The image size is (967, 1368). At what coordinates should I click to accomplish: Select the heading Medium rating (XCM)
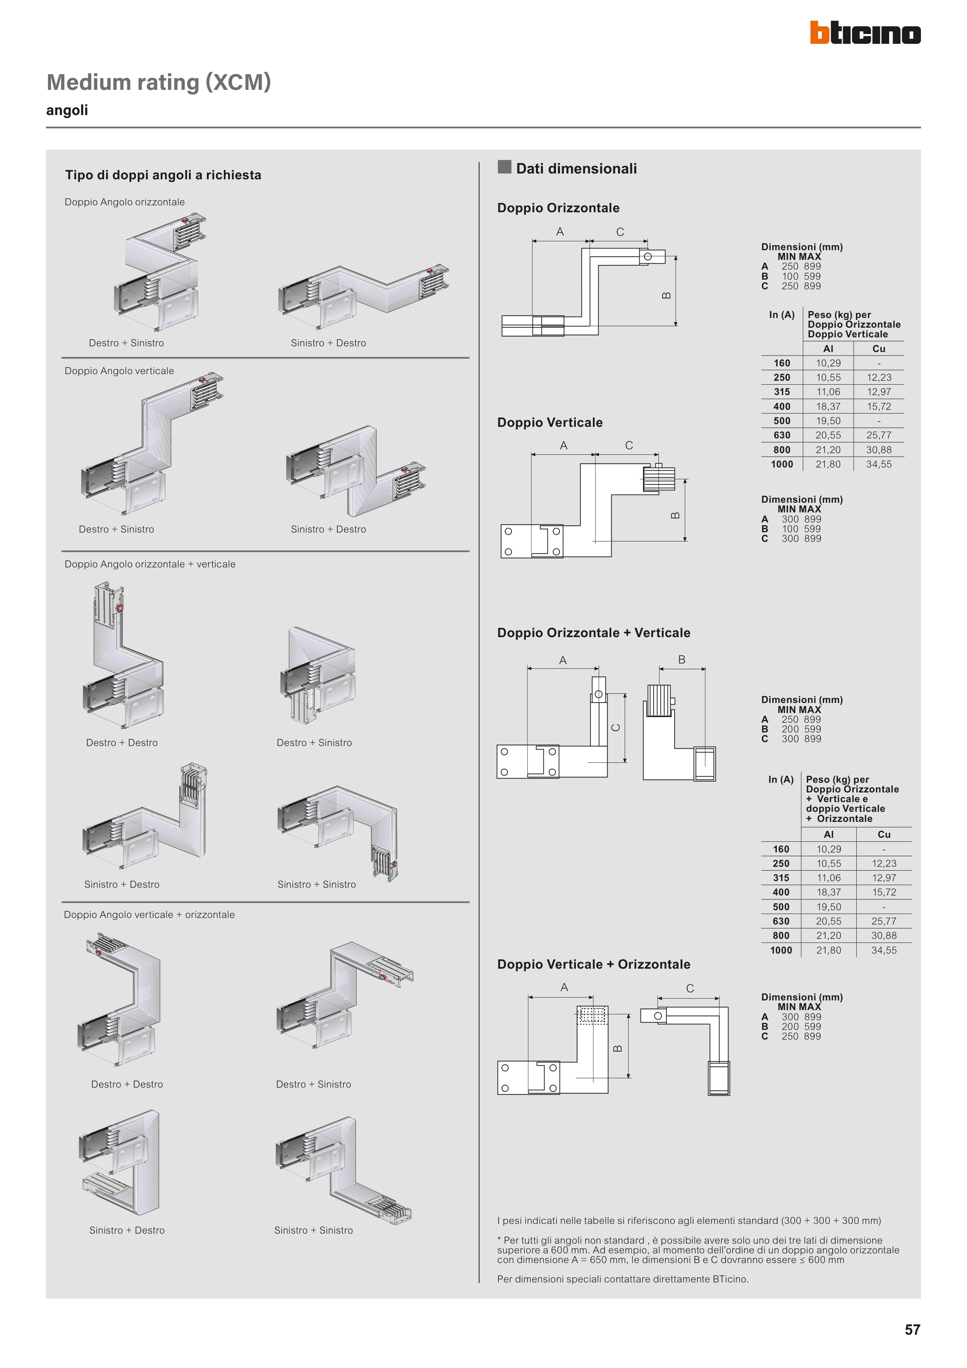tap(158, 82)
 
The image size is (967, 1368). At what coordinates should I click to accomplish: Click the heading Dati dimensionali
tap(576, 168)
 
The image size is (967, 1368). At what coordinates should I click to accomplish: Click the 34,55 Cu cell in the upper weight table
tap(879, 464)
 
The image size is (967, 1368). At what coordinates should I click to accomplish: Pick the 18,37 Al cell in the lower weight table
tap(828, 892)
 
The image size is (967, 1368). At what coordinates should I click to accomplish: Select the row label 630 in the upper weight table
tap(782, 436)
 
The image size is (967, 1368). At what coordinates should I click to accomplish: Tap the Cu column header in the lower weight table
tap(884, 835)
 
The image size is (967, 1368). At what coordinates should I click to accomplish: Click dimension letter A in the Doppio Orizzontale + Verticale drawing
tap(562, 660)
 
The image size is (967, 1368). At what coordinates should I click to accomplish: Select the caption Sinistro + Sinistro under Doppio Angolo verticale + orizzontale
tap(313, 1231)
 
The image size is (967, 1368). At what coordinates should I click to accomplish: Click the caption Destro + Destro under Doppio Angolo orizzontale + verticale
tap(122, 742)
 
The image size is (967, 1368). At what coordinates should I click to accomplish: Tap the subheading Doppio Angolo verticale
tap(119, 371)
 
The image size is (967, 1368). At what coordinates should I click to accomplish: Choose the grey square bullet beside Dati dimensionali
tap(505, 167)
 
